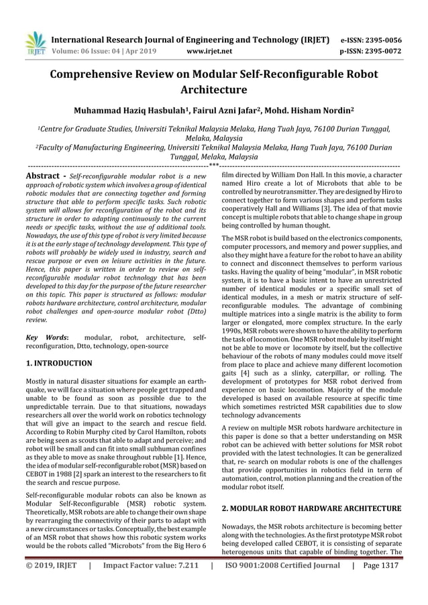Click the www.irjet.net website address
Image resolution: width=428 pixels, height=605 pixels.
click(x=211, y=50)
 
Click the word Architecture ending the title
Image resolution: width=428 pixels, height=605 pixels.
click(x=214, y=89)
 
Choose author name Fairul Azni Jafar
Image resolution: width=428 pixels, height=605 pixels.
click(x=219, y=110)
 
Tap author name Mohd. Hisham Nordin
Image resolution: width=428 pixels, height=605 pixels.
click(x=309, y=110)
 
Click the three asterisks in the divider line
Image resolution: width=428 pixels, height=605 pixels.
click(x=214, y=163)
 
